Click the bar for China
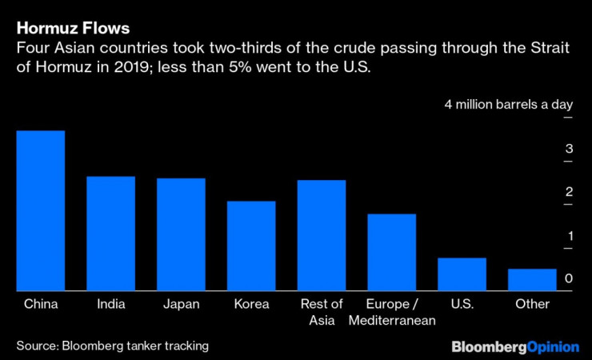(x=41, y=211)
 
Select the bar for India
(x=110, y=234)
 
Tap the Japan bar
(x=181, y=234)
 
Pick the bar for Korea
(x=251, y=246)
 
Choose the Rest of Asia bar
(x=322, y=236)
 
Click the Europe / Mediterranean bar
(x=392, y=253)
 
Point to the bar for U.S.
(x=462, y=274)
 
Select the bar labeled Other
(x=532, y=280)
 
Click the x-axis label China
(x=41, y=304)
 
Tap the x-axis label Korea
(x=251, y=304)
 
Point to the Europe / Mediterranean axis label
(x=392, y=312)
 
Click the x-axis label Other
(x=532, y=304)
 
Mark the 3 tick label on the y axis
(x=568, y=149)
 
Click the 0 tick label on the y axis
(x=568, y=278)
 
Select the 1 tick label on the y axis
(x=568, y=236)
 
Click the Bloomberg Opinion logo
(x=514, y=346)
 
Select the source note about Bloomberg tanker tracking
(x=112, y=346)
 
